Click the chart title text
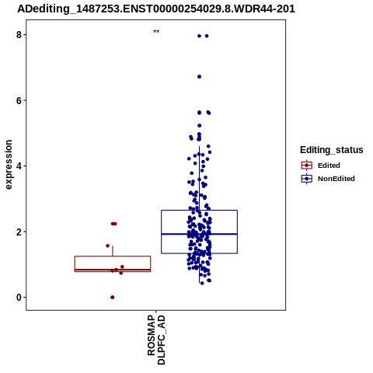(x=156, y=9)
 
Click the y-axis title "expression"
(x=9, y=165)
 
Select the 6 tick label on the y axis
(x=19, y=100)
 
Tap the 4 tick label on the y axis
(x=19, y=166)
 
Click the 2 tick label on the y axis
(x=19, y=232)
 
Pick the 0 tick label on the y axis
(x=19, y=298)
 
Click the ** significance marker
(x=156, y=32)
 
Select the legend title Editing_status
(x=332, y=150)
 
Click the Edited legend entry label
(x=329, y=166)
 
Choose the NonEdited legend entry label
(x=336, y=179)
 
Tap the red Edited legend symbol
(x=307, y=166)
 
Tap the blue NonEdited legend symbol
(x=307, y=179)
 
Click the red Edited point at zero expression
(x=113, y=298)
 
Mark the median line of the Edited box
(x=113, y=270)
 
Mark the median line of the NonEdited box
(x=199, y=234)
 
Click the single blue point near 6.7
(x=199, y=77)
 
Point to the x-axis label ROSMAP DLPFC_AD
(x=156, y=340)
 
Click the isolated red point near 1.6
(x=108, y=246)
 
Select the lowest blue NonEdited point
(x=202, y=284)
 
